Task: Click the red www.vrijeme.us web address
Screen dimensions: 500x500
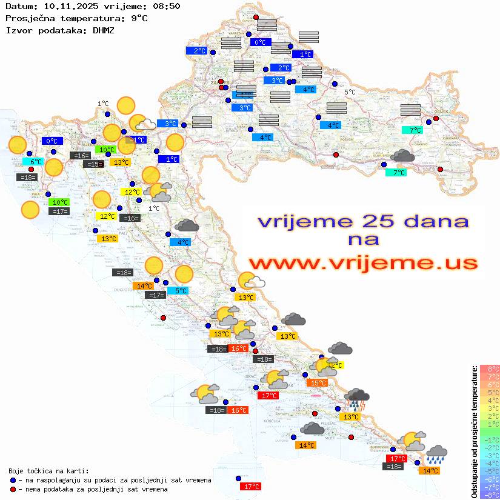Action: tap(363, 263)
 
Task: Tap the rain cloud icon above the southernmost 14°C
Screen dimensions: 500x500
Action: tap(436, 455)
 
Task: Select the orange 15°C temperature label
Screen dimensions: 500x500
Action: tap(318, 382)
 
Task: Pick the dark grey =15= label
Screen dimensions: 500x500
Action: tap(93, 164)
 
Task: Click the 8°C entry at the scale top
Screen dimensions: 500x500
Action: tap(490, 368)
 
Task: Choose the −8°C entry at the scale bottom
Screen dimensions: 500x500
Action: tap(490, 495)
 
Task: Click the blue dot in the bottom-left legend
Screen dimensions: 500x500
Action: tap(13, 480)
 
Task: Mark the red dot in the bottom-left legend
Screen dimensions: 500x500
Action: tap(13, 489)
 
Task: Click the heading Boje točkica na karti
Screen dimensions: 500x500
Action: tap(48, 471)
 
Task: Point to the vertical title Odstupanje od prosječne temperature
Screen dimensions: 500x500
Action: tap(474, 431)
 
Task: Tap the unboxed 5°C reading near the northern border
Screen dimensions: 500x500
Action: tap(350, 92)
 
